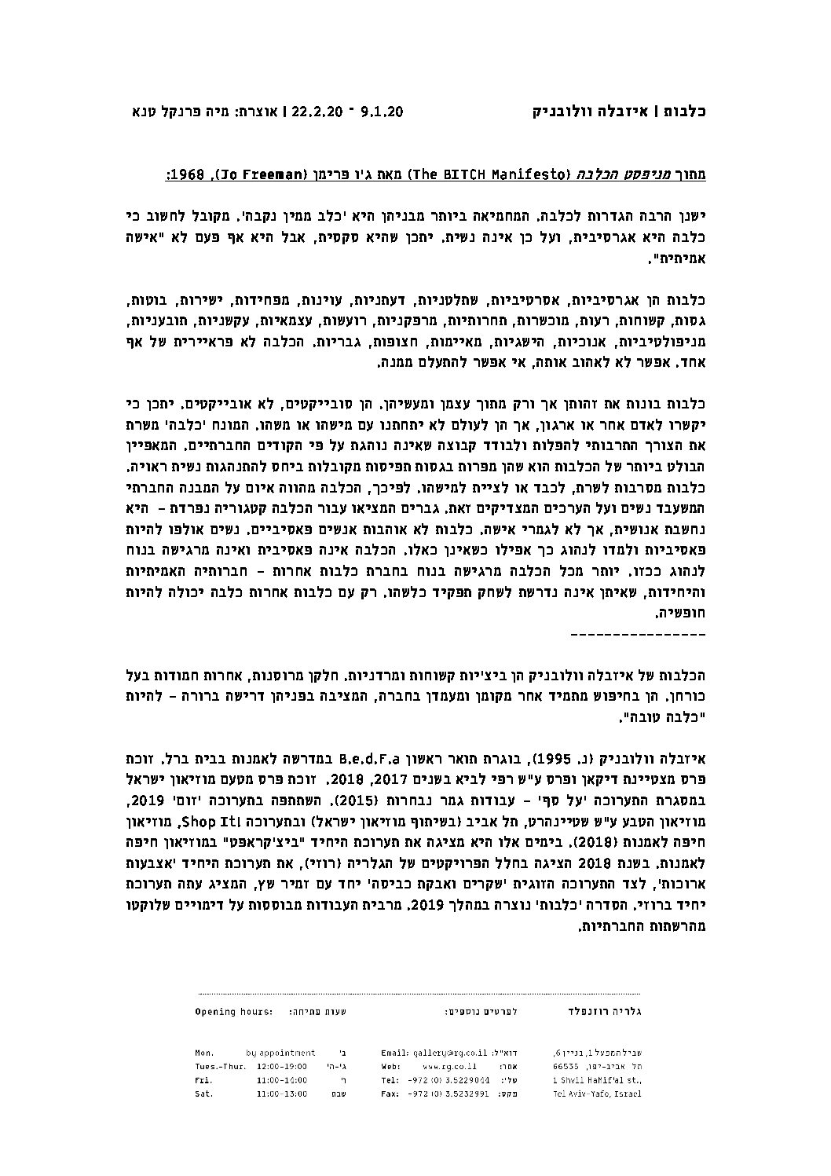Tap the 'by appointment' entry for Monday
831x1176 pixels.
click(280, 1053)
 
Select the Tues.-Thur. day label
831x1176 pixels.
click(219, 1066)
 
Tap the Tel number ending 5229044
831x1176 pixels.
click(450, 1080)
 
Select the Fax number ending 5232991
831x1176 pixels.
click(450, 1094)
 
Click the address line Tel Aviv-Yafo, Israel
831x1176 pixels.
click(598, 1094)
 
